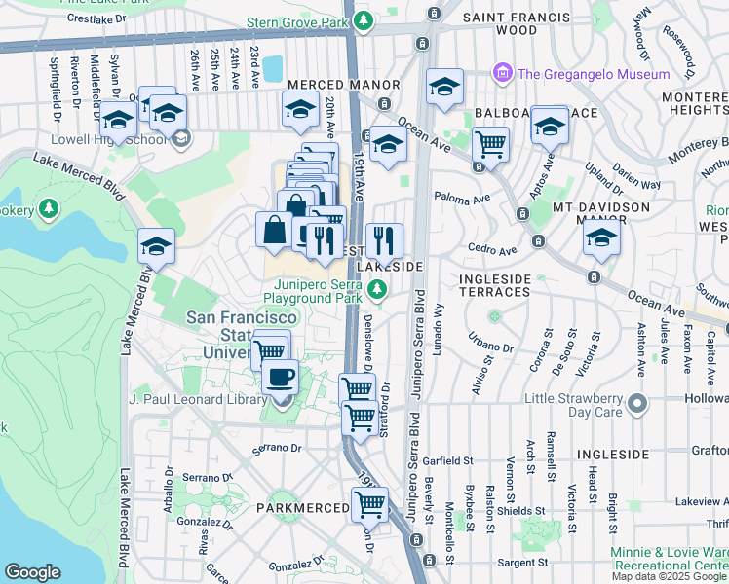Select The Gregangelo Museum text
coord(594,74)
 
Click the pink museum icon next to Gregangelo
coord(502,73)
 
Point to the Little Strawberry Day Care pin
coord(637,403)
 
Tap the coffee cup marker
coord(280,376)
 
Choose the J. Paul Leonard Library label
coord(200,399)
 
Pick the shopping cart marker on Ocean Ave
coord(490,145)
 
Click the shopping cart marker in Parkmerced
coord(369,504)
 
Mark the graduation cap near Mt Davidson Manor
coord(601,238)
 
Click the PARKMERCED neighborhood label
coord(302,508)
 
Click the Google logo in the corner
coord(32,572)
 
